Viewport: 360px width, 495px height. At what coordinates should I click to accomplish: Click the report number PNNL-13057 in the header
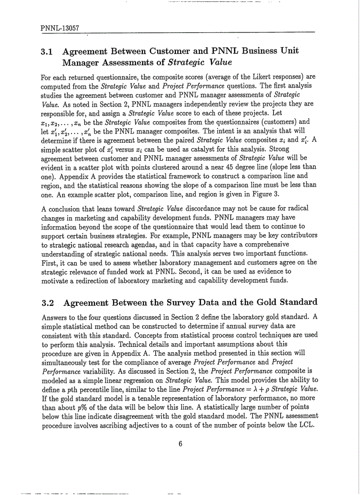click(x=60, y=28)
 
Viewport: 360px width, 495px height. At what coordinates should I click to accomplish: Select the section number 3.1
click(x=47, y=52)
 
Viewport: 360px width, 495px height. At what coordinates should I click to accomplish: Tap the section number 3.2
click(x=47, y=302)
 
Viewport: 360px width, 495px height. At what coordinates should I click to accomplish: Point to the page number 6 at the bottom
click(x=180, y=443)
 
